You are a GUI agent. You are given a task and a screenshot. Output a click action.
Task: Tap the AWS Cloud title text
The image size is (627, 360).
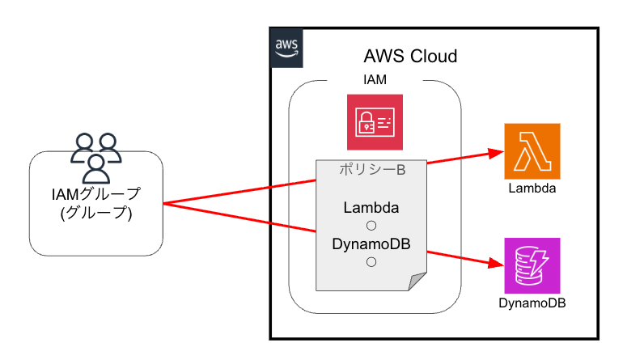coord(410,57)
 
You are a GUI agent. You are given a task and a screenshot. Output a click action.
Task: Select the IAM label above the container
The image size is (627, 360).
coord(375,80)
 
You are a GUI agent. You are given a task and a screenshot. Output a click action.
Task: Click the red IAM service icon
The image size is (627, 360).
coord(375,122)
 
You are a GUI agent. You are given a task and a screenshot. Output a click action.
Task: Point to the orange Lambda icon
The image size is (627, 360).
coord(532,150)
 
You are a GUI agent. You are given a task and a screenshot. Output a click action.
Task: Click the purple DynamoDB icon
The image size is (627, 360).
coord(532,265)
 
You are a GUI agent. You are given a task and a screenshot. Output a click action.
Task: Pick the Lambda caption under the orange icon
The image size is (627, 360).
coord(532,189)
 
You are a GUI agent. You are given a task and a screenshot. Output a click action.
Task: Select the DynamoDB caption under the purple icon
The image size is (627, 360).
coord(532,303)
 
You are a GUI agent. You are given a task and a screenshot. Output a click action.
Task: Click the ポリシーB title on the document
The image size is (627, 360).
coord(371,171)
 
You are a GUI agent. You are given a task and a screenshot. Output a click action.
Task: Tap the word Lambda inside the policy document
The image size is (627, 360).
coord(371,207)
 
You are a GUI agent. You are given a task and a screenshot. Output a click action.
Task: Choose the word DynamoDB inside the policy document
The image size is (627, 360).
coord(371,244)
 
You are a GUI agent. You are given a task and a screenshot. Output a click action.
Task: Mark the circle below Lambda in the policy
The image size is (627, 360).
coord(371,225)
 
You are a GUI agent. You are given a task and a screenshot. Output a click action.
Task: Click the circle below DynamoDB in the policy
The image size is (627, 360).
coord(371,261)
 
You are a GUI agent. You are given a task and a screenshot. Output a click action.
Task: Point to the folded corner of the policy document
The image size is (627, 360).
coord(417,282)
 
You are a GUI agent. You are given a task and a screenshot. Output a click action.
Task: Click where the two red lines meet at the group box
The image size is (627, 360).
coord(164,204)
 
